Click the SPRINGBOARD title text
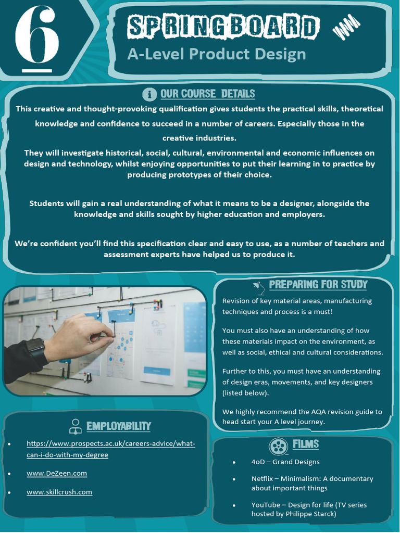point(222,27)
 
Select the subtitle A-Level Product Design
point(216,54)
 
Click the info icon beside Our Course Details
point(149,94)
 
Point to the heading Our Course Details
point(207,94)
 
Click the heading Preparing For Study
point(318,285)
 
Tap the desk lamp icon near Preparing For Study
point(257,286)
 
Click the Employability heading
point(118,426)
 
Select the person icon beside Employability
point(76,426)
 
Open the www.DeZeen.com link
point(57,473)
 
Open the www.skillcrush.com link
point(59,492)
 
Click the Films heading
point(305,445)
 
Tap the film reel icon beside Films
point(279,446)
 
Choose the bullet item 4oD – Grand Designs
point(285,462)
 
